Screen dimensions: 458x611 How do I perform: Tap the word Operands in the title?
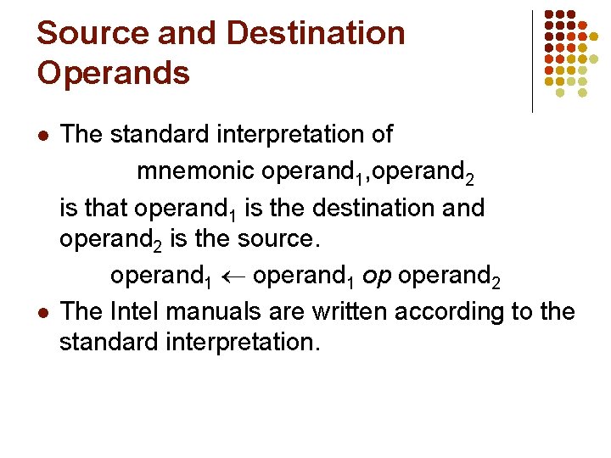tap(113, 73)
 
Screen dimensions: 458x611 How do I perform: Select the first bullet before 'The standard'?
tap(42, 136)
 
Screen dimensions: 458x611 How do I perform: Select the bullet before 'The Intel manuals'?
tap(42, 312)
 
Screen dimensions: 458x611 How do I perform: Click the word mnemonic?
tap(195, 171)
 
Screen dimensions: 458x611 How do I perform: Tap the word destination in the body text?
tap(376, 207)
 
